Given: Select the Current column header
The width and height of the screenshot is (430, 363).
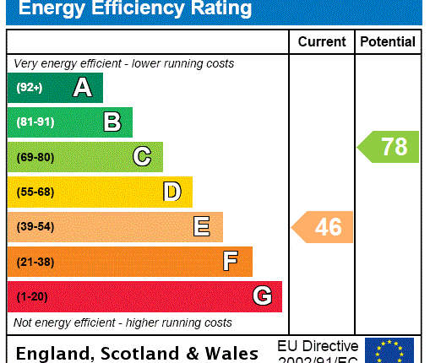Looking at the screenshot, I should (x=322, y=41).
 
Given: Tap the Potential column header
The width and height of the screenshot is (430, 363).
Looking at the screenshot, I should (x=388, y=41).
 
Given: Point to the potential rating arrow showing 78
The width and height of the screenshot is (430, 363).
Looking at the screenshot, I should (x=389, y=147).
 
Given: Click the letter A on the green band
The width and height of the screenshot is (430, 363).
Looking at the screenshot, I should (x=82, y=88).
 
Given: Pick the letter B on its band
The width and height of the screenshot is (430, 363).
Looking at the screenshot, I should (x=112, y=122).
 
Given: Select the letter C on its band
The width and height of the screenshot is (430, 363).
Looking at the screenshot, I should (x=142, y=157).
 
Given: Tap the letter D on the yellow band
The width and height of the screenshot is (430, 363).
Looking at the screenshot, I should (x=171, y=192).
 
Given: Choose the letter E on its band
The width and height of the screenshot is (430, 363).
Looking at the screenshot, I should (x=201, y=226).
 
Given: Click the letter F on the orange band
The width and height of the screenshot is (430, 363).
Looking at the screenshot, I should (x=231, y=262).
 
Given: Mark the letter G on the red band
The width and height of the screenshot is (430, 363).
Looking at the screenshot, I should (x=262, y=296).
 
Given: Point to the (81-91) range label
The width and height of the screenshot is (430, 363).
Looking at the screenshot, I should (x=35, y=122).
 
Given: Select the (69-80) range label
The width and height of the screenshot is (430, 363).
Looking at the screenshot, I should (x=35, y=157).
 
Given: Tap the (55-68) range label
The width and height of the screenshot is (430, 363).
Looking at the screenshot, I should (x=35, y=192).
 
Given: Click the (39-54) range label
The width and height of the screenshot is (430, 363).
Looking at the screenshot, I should (x=35, y=227).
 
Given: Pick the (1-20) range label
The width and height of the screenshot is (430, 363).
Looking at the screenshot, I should (x=33, y=296).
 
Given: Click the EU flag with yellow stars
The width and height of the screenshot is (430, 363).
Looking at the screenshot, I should (x=389, y=350).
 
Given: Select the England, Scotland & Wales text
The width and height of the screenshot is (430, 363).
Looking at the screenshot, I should (x=138, y=353).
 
